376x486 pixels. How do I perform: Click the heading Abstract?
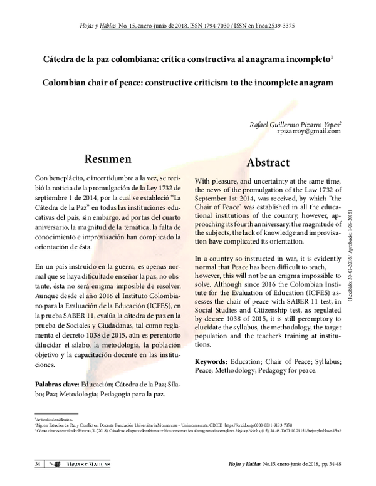tap(268, 162)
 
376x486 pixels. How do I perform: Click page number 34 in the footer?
tap(38, 464)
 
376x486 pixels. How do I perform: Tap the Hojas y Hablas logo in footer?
tap(81, 464)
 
